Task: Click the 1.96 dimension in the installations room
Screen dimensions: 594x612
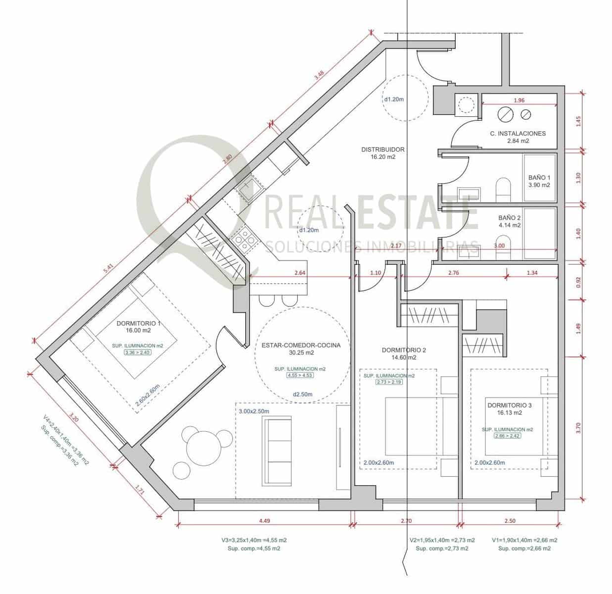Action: tap(519, 100)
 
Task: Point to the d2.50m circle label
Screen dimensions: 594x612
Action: tap(303, 395)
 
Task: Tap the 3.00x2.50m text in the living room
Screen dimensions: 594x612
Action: tap(254, 411)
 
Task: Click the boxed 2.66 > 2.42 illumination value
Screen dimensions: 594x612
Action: tap(508, 436)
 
